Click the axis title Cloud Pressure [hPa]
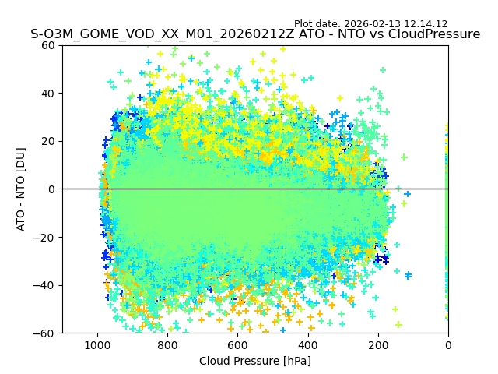[x=255, y=361]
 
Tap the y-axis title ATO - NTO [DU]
[x=21, y=189]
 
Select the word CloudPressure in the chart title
[x=434, y=34]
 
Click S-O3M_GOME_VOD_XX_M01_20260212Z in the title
[x=154, y=34]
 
